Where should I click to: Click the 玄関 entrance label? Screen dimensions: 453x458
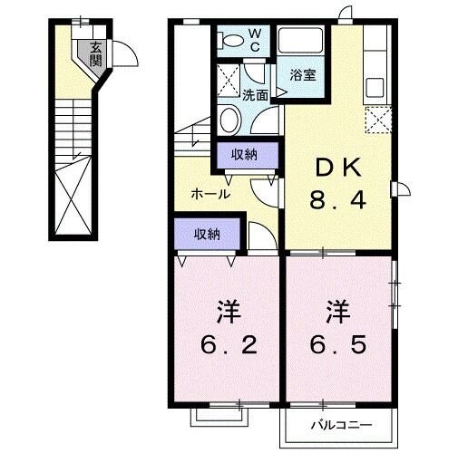[x=95, y=54]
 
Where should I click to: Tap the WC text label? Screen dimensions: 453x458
[x=255, y=40]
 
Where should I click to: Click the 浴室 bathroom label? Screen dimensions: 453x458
[x=302, y=75]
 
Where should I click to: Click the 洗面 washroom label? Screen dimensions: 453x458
[x=255, y=94]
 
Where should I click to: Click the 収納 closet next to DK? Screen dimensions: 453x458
[x=242, y=155]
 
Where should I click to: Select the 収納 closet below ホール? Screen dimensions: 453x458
[x=207, y=234]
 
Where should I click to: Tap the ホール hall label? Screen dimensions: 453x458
[x=210, y=193]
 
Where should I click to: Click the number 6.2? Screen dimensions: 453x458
[x=227, y=345]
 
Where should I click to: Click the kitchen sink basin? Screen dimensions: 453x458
[x=375, y=90]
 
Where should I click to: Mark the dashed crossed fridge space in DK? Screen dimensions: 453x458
[x=376, y=119]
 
